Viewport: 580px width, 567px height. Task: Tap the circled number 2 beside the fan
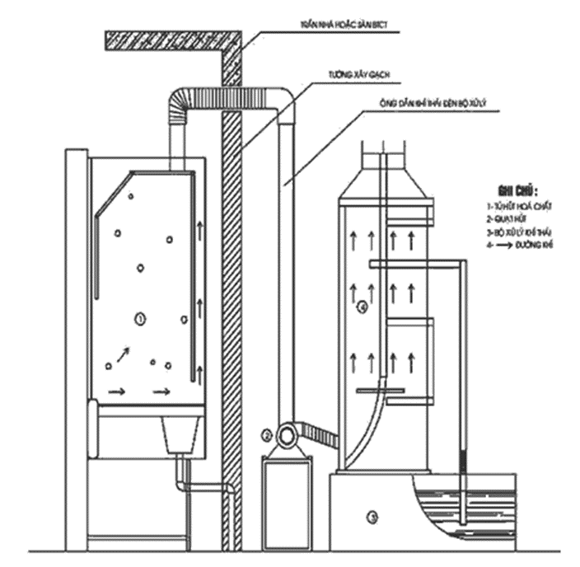tap(266, 434)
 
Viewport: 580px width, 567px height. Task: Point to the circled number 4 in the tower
tap(363, 308)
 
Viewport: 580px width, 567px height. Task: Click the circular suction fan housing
tap(288, 433)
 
